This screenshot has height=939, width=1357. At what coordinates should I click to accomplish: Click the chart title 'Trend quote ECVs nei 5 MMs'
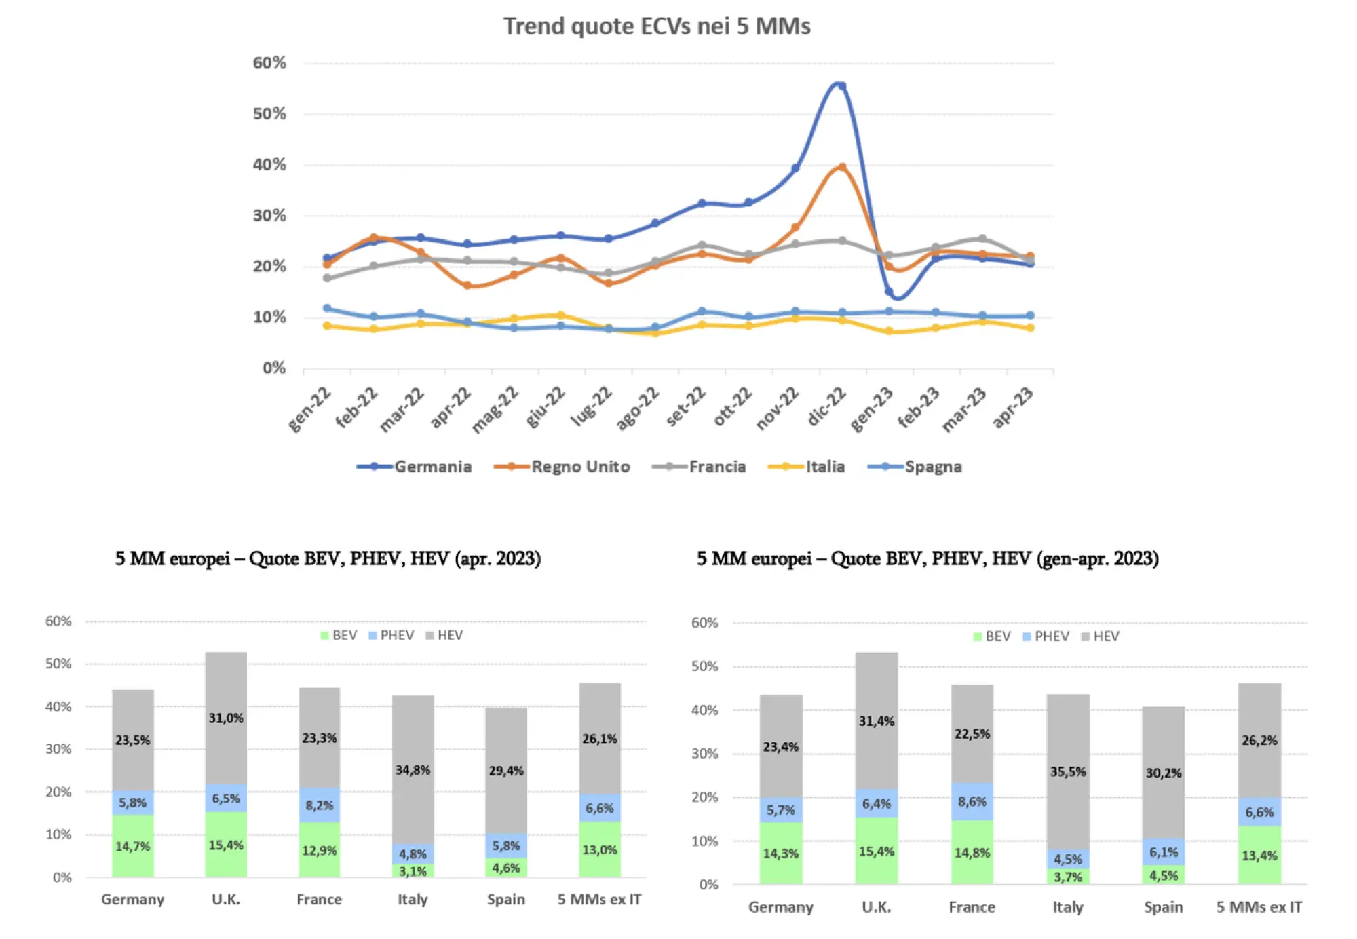(657, 26)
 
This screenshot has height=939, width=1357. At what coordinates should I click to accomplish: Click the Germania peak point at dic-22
(841, 86)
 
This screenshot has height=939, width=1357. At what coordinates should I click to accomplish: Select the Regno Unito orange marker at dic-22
(842, 167)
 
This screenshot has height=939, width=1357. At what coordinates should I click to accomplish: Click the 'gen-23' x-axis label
(872, 408)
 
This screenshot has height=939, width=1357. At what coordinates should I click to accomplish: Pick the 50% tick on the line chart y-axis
(269, 114)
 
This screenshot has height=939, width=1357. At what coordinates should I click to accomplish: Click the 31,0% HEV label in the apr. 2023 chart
(226, 718)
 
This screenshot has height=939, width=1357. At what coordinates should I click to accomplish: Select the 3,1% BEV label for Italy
(413, 871)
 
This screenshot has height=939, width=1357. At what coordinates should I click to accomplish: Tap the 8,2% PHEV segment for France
(320, 805)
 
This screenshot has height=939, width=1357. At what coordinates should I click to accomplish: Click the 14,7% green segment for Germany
(133, 846)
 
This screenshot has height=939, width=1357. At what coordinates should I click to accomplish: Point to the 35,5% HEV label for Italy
(1068, 772)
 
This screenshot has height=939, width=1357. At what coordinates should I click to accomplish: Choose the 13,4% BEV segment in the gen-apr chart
(1259, 856)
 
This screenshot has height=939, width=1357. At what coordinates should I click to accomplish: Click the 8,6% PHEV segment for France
(972, 802)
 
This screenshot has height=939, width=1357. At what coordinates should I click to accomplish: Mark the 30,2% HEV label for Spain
(1164, 773)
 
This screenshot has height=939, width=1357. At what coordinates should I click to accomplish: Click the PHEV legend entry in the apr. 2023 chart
(391, 636)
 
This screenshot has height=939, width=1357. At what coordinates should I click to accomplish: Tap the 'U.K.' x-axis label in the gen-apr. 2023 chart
(876, 907)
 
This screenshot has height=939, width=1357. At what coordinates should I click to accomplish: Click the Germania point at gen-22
(328, 258)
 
